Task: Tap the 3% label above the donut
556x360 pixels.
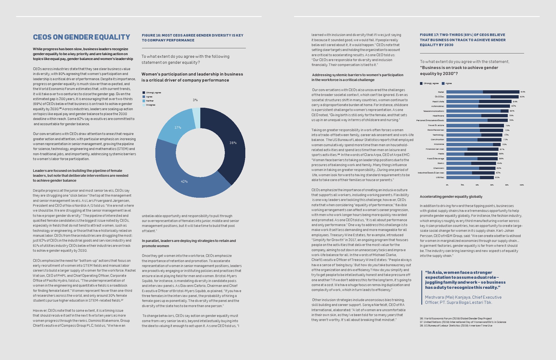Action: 195,100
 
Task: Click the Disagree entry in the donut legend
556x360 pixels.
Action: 150,105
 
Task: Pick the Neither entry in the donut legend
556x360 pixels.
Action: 150,101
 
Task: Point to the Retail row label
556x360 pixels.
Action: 441,92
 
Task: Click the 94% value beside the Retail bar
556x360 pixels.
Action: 523,92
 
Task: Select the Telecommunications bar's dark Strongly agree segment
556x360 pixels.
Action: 504,111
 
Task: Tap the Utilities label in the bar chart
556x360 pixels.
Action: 440,178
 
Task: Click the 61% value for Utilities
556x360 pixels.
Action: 497,178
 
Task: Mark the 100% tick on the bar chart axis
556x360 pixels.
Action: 522,185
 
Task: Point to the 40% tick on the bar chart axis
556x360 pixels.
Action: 477,185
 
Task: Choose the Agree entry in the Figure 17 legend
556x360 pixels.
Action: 448,83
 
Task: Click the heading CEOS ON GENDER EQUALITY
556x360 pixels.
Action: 81,37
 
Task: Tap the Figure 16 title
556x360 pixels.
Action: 192,38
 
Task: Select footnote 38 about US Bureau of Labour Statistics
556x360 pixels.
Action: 456,325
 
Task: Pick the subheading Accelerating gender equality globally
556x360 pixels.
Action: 451,196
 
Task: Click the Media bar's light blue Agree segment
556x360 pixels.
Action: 455,154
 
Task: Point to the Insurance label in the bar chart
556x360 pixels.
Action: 439,144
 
